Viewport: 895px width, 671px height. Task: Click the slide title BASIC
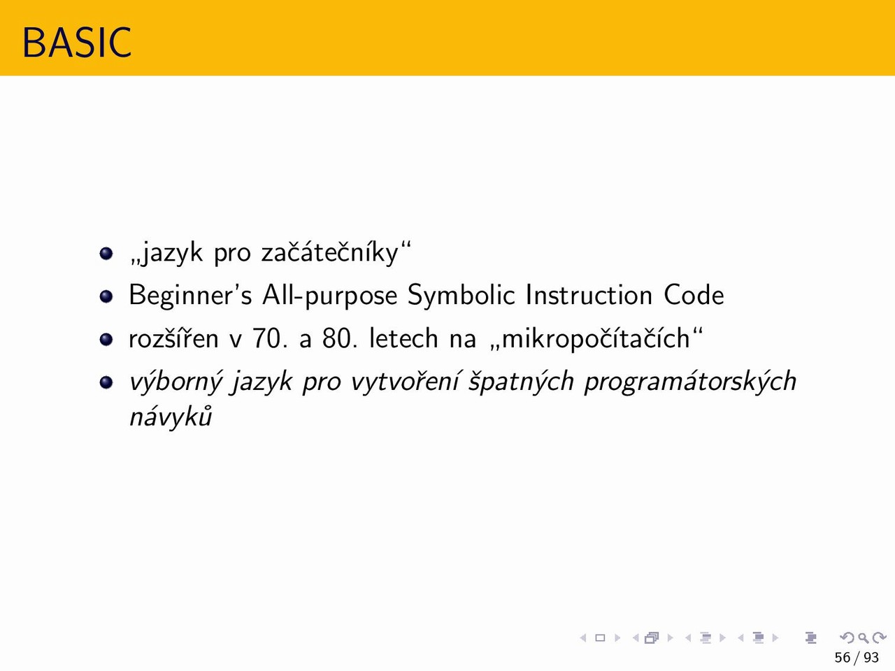[77, 43]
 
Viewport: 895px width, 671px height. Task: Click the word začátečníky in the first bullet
[330, 253]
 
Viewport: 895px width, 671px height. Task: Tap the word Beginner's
[190, 296]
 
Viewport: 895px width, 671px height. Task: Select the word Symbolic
[461, 296]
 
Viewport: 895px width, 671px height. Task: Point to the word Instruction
[589, 294]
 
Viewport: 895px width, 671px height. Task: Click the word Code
[694, 294]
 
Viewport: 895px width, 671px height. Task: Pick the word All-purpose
[329, 296]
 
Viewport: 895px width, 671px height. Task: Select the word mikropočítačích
[596, 338]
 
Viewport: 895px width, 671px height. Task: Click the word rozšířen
[173, 338]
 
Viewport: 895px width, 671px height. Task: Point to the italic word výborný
[176, 382]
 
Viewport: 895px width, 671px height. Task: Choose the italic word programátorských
[690, 382]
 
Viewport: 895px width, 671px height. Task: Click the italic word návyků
[171, 417]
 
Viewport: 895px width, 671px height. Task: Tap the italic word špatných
[521, 382]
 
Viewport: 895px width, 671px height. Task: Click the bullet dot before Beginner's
[106, 296]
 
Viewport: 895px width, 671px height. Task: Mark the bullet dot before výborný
[106, 382]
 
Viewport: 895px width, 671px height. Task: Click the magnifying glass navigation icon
[863, 637]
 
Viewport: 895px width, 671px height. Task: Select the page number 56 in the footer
[843, 658]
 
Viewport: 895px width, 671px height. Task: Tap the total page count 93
[871, 658]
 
